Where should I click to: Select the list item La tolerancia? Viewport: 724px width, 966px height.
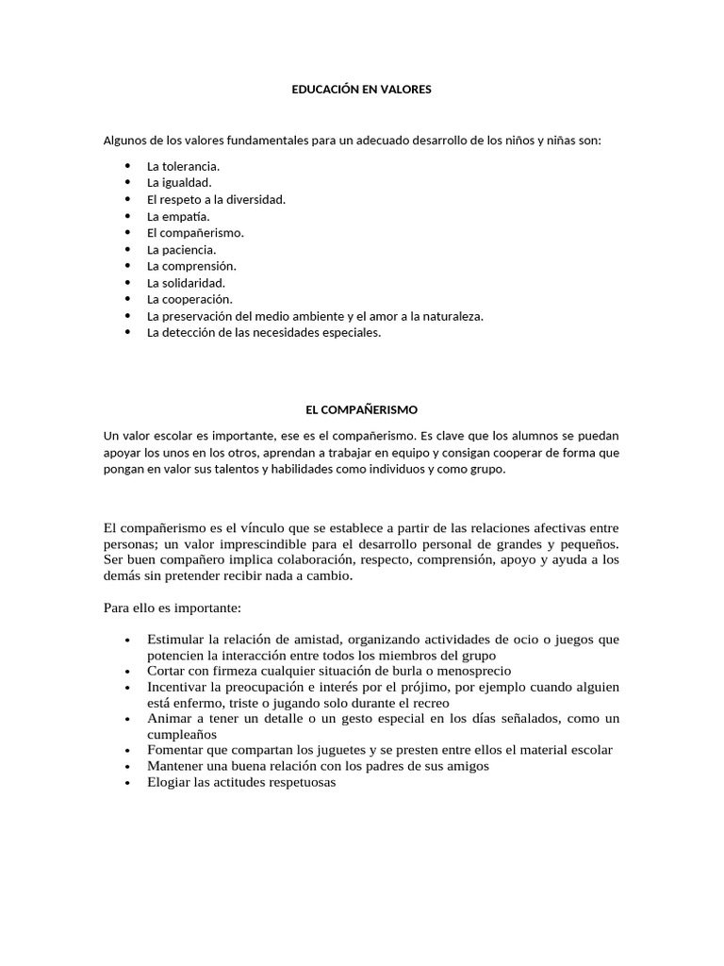click(183, 166)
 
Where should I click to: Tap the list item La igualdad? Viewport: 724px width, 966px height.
click(179, 183)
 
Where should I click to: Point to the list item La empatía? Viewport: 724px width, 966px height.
click(177, 216)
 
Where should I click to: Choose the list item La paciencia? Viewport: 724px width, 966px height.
click(181, 249)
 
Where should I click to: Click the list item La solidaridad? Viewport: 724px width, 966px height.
click(186, 282)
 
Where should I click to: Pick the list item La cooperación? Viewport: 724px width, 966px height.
click(189, 299)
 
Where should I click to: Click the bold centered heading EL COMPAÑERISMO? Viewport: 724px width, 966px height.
click(361, 409)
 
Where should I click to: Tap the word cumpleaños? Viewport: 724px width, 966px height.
click(182, 734)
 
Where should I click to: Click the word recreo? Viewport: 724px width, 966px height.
click(431, 702)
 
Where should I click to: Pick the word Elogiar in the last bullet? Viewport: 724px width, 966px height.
click(169, 782)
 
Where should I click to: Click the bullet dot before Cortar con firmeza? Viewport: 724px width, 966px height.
click(127, 671)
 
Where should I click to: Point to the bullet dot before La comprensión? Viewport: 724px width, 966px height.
click(127, 266)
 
